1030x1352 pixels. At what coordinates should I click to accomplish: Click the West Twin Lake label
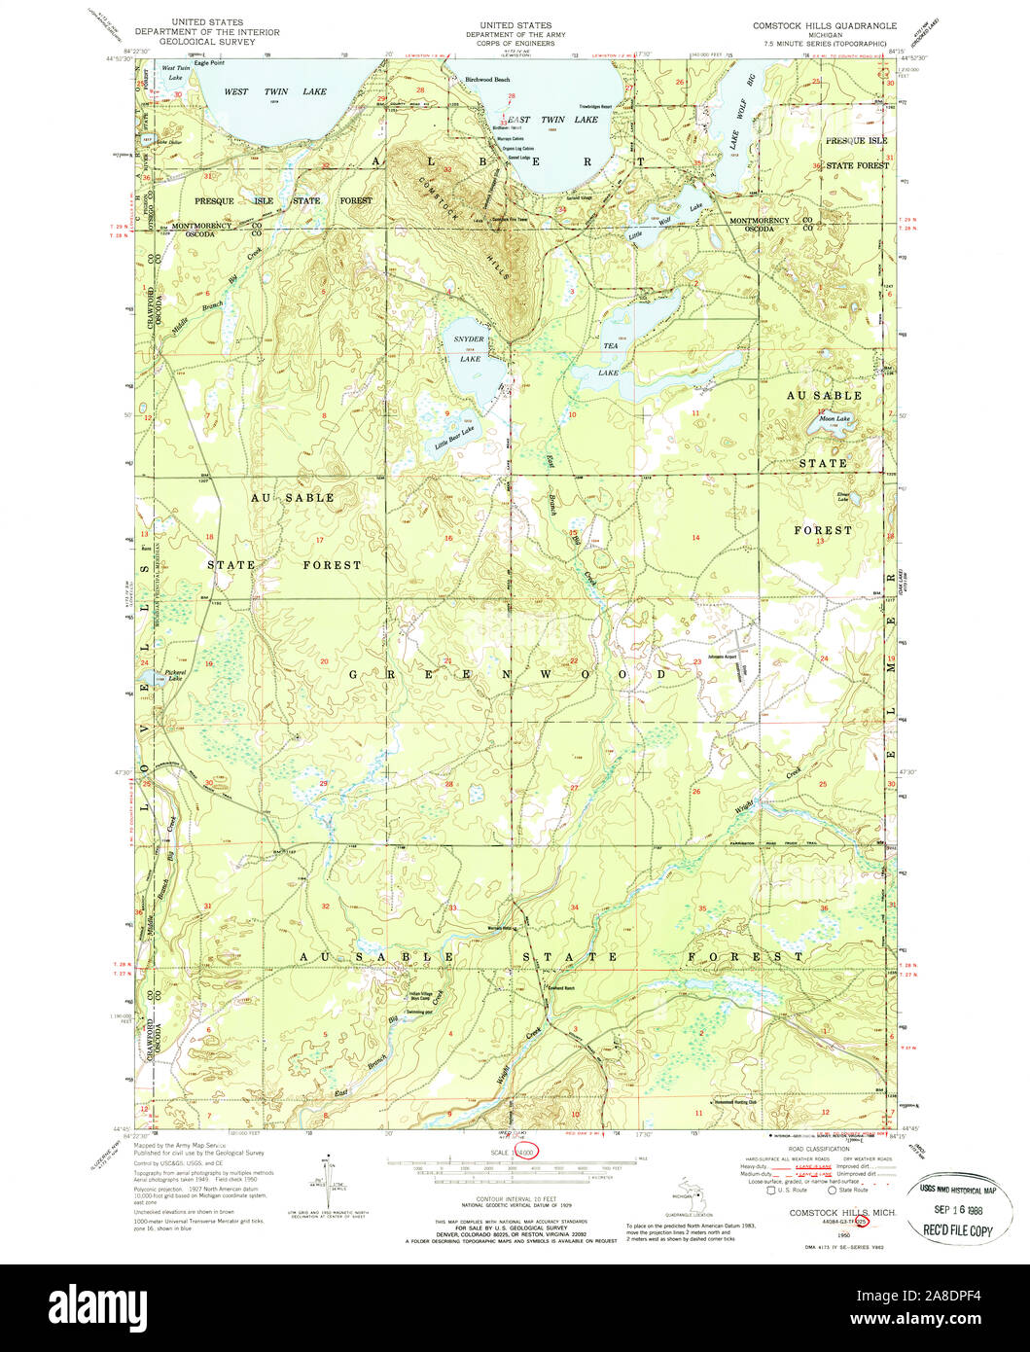(275, 91)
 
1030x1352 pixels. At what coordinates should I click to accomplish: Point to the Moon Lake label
(835, 418)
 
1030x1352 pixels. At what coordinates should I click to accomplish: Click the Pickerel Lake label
(175, 674)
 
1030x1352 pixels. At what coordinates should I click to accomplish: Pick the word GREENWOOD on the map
(506, 673)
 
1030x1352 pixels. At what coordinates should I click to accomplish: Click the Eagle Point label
(208, 63)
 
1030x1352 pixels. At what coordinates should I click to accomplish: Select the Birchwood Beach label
(487, 79)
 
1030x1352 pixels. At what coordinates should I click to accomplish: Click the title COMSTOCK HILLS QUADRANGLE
(825, 25)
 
